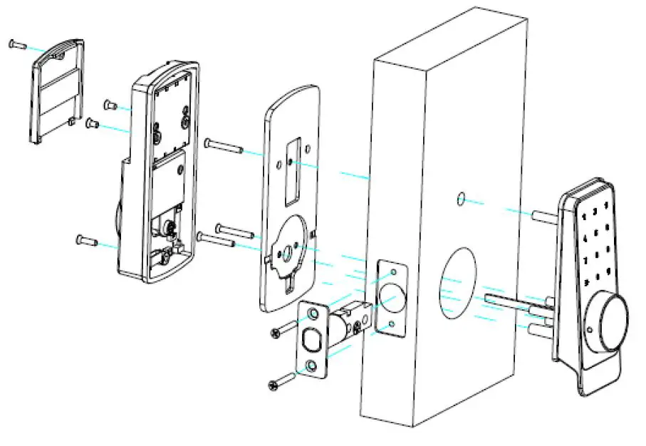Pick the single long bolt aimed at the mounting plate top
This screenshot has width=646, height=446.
click(x=222, y=147)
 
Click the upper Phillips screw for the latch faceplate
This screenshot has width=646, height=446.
click(x=283, y=330)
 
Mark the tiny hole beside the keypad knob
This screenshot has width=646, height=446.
click(x=591, y=330)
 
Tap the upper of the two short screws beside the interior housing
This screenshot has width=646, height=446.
click(x=111, y=105)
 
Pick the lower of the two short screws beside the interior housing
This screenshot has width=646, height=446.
click(x=92, y=124)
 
